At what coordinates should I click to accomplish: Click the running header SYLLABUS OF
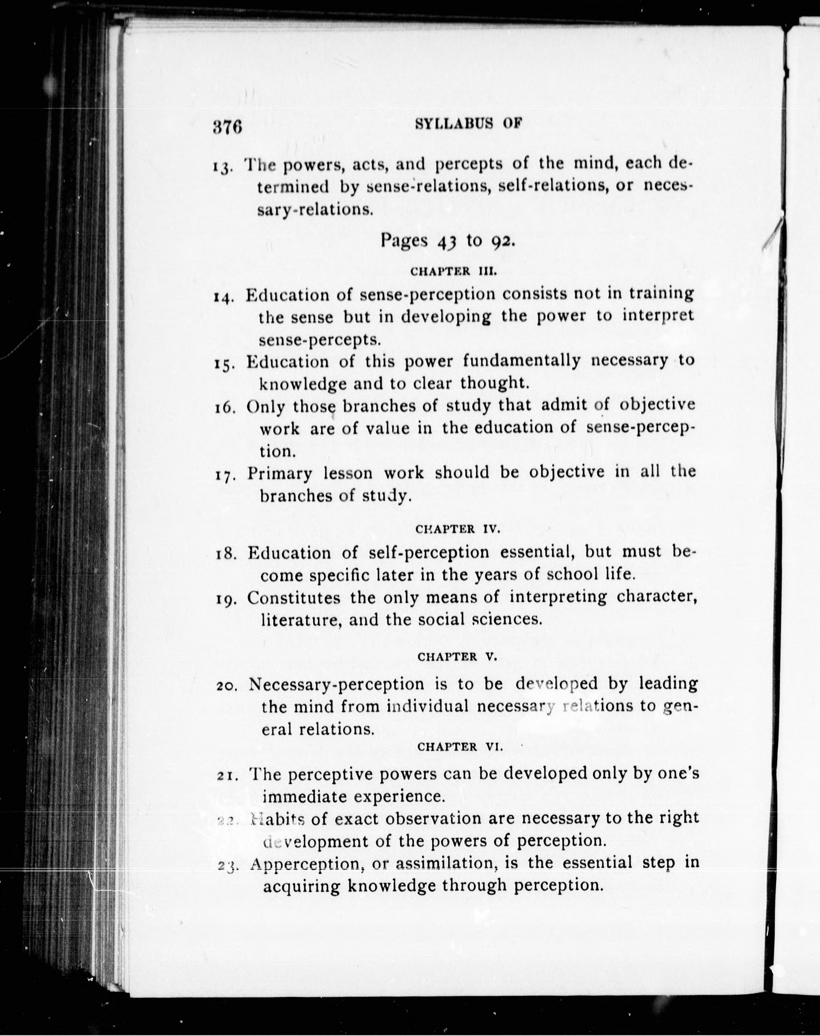click(x=468, y=124)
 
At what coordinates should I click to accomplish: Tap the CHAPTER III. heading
click(x=452, y=271)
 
